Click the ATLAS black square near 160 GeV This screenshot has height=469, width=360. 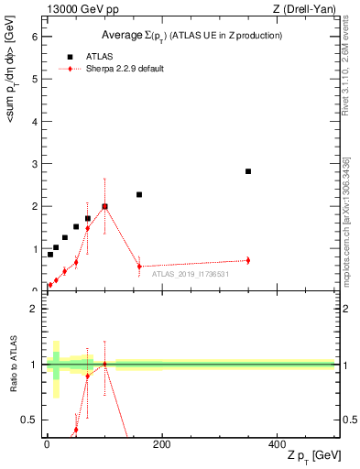pos(139,194)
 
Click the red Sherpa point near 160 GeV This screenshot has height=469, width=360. pos(139,267)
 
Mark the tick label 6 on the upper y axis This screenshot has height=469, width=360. pos(34,37)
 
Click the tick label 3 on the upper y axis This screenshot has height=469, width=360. pos(34,164)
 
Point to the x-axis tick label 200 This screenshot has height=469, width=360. pos(161,444)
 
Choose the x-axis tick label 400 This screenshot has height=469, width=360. pos(277,444)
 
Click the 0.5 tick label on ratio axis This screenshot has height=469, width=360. pos(29,420)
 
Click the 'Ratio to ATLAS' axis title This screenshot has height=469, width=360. pos(14,365)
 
